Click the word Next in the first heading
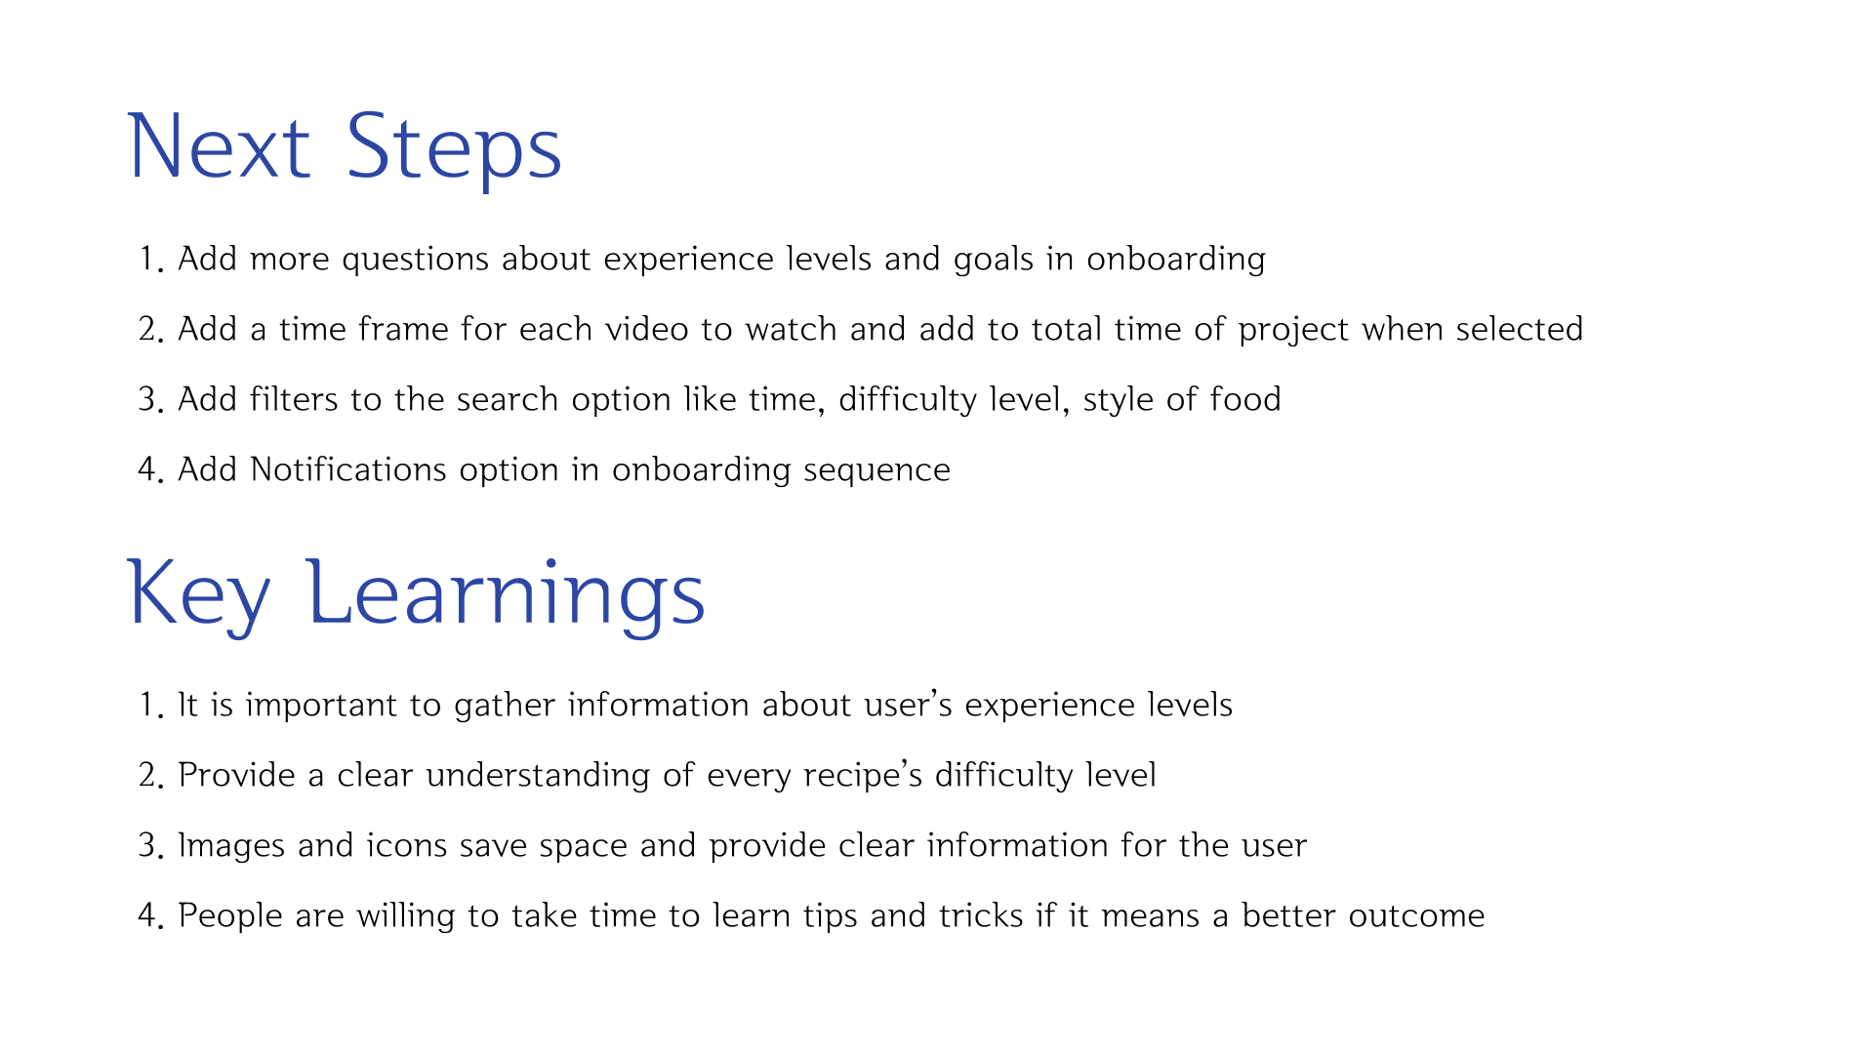coord(219,147)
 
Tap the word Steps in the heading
coord(454,147)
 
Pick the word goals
coord(993,260)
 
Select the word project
coord(1293,330)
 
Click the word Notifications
coord(348,470)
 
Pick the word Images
coord(230,846)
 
